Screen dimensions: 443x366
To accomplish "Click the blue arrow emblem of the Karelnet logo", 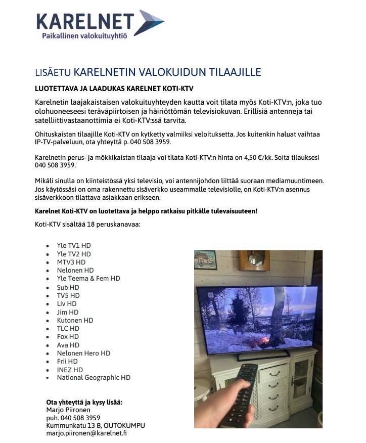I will click(150, 23).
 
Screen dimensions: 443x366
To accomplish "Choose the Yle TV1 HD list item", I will click(74, 246).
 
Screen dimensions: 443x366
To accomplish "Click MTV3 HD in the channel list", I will click(71, 262).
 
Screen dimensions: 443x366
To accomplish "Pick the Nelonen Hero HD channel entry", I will click(83, 353).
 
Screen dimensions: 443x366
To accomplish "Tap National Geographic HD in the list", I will click(94, 377).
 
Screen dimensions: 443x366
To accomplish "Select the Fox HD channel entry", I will click(68, 337).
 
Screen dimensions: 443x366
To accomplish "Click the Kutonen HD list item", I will click(75, 320).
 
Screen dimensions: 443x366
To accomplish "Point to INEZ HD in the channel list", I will click(70, 370).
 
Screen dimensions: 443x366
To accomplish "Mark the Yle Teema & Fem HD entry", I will click(88, 278).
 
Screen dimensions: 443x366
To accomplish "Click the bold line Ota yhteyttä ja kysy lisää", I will click(84, 402).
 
